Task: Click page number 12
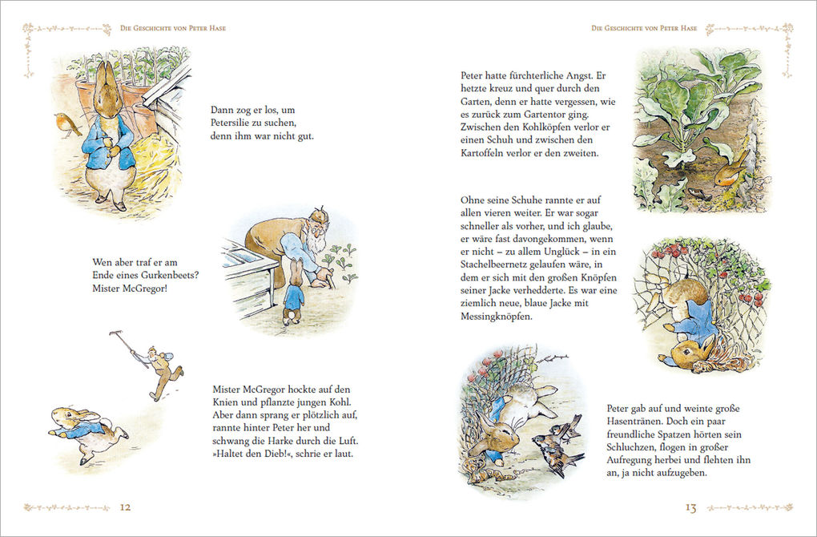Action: click(x=126, y=507)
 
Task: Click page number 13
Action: click(x=690, y=507)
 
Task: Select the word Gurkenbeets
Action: click(x=162, y=275)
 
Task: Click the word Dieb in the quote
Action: click(x=282, y=454)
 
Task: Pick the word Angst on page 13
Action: click(x=591, y=75)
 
